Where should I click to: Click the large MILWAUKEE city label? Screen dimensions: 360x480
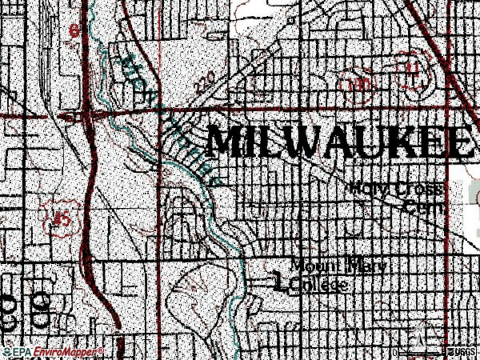336,142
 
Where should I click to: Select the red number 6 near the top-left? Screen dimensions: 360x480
75,32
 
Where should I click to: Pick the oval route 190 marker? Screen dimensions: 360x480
361,82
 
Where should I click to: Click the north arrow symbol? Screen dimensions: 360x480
419,331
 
